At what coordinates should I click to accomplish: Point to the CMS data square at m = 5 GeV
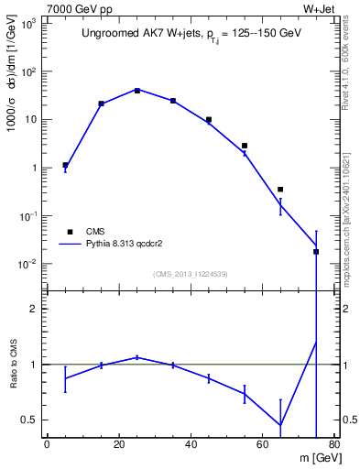(x=65, y=165)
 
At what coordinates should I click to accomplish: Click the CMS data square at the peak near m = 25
(x=136, y=90)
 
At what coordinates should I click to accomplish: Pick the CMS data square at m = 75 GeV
(x=316, y=251)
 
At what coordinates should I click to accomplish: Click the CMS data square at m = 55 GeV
(x=245, y=145)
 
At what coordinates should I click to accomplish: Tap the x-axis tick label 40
(x=191, y=445)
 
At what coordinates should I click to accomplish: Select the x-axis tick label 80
(x=333, y=445)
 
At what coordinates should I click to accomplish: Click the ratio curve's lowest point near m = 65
(x=280, y=425)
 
